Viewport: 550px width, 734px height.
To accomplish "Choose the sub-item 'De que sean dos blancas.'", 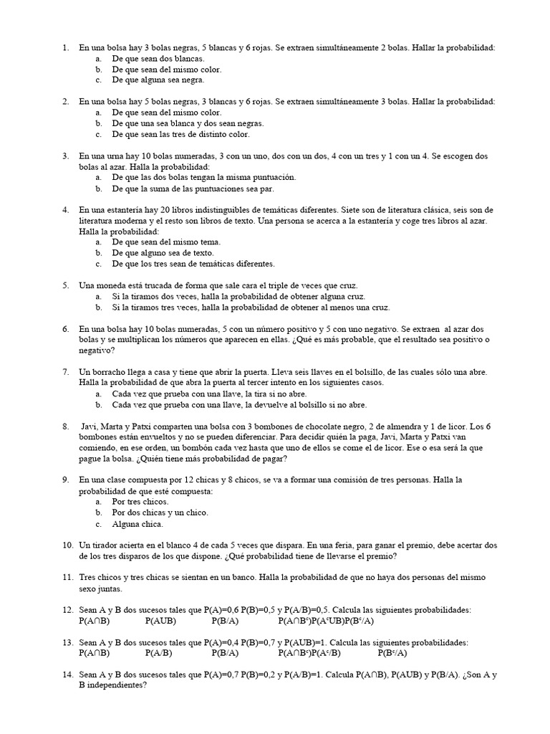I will [x=158, y=59].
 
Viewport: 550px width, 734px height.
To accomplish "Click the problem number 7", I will [x=65, y=372].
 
